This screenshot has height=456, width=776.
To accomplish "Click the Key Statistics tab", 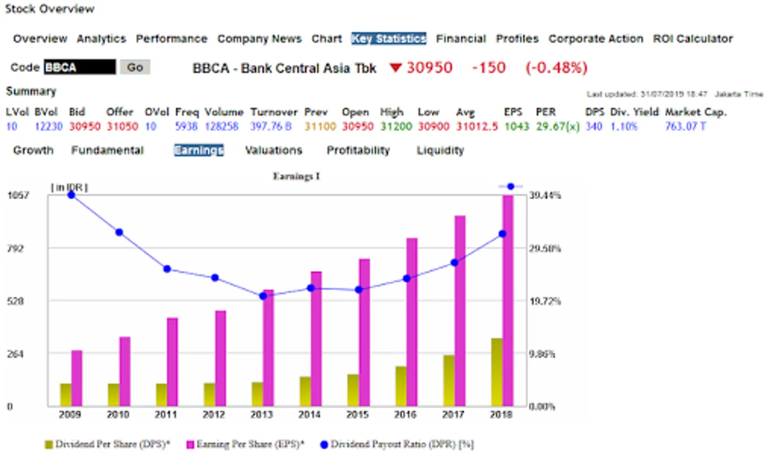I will point(388,39).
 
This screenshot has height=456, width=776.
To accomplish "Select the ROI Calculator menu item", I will point(692,39).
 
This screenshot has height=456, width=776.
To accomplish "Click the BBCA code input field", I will point(80,67).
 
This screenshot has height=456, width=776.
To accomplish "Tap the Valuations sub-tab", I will point(273,150).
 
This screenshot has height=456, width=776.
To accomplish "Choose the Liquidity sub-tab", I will point(440,150).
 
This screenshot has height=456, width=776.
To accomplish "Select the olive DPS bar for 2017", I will point(449,381).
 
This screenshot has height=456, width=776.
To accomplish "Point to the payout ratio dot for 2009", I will point(71,195).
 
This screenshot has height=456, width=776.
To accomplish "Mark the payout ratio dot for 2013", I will point(263,296).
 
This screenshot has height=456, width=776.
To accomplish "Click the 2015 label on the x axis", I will point(357,415).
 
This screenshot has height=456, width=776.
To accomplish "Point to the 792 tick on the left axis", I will point(15,248).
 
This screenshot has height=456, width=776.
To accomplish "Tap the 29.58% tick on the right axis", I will point(545,248).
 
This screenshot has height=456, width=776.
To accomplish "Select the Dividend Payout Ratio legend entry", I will point(397,444).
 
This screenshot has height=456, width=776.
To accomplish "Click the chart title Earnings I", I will point(296,176).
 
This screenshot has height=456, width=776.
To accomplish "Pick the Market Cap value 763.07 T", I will point(685,127).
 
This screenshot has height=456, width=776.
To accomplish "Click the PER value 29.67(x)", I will point(558,127).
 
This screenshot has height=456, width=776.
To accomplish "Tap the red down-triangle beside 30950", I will point(395,67).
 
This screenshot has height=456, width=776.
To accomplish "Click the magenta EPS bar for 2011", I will point(172,362).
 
